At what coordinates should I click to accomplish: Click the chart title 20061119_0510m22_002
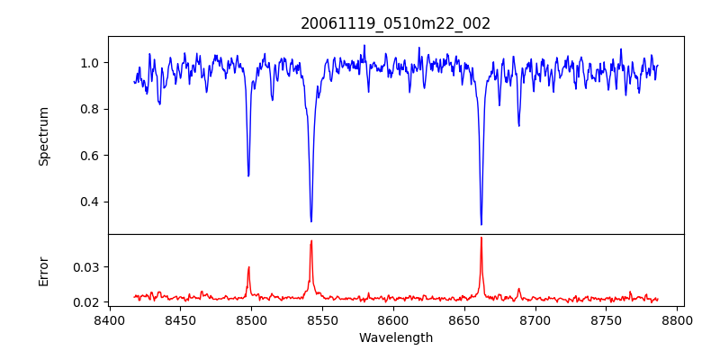point(395,23)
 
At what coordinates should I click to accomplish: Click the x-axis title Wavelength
point(395,337)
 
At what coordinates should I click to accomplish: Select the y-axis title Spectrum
point(43,136)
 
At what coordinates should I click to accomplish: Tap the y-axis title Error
point(43,270)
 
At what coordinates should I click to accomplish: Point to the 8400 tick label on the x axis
point(109,319)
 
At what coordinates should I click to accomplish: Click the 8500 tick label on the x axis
point(251,319)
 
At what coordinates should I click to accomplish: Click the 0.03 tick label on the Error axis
point(86,267)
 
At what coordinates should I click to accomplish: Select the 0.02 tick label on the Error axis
point(86,302)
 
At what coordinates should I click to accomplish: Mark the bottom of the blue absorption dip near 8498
point(248,175)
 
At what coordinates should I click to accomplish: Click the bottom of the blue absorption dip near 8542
point(311,221)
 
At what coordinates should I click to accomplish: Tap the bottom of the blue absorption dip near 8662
point(481,224)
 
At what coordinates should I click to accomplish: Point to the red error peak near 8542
point(311,240)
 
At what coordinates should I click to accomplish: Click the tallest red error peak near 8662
point(481,238)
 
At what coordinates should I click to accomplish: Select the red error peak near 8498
point(248,266)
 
